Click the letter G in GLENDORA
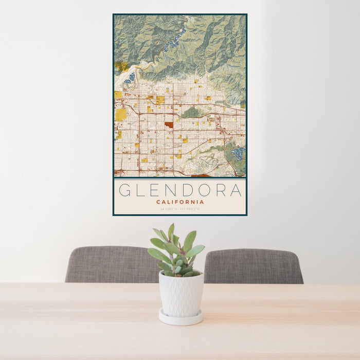click(x=124, y=190)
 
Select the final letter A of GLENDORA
click(x=236, y=190)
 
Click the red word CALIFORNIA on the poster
click(x=179, y=202)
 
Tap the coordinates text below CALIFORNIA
click(x=179, y=209)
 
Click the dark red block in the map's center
click(x=169, y=124)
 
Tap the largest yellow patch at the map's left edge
click(x=121, y=114)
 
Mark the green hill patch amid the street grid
click(x=191, y=112)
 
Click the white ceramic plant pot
click(x=181, y=294)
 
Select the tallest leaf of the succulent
click(x=171, y=232)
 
